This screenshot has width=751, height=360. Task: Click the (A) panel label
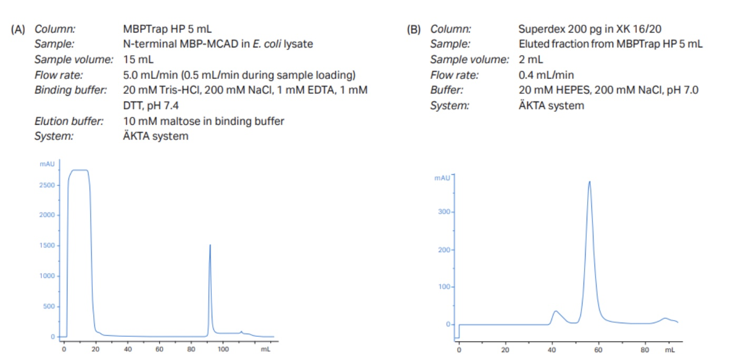pyautogui.click(x=18, y=29)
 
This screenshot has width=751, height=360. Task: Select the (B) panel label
pyautogui.click(x=414, y=29)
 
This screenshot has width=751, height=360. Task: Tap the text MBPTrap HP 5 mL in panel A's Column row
pyautogui.click(x=167, y=29)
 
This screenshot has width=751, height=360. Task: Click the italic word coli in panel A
pyautogui.click(x=273, y=44)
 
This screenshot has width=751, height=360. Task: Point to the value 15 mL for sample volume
pyautogui.click(x=138, y=59)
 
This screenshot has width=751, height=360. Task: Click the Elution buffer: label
pyautogui.click(x=69, y=121)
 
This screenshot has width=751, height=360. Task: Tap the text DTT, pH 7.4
pyautogui.click(x=151, y=106)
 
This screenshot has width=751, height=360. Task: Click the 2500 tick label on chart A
pyautogui.click(x=47, y=185)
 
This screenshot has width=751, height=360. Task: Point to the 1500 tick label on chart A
pyautogui.click(x=47, y=245)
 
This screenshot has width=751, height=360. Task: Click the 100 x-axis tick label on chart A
pyautogui.click(x=223, y=349)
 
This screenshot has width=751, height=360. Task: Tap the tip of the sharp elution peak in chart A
pyautogui.click(x=210, y=245)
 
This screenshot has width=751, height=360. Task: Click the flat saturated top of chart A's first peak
pyautogui.click(x=80, y=171)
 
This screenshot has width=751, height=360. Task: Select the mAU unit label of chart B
pyautogui.click(x=442, y=178)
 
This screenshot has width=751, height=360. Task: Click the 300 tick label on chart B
pyautogui.click(x=444, y=212)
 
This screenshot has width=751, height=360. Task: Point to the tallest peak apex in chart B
pyautogui.click(x=589, y=182)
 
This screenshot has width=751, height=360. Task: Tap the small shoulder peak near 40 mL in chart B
pyautogui.click(x=556, y=312)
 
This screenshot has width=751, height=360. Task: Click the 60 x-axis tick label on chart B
pyautogui.click(x=598, y=350)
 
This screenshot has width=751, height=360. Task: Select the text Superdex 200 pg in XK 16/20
pyautogui.click(x=590, y=29)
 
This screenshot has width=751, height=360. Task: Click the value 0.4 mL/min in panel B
pyautogui.click(x=546, y=75)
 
